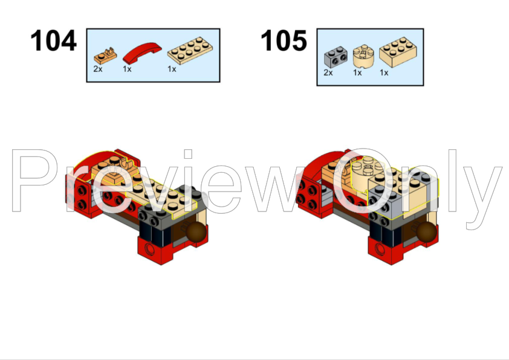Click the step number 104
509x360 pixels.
(54, 42)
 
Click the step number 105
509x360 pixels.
(284, 42)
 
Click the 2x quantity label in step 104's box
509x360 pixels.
(97, 69)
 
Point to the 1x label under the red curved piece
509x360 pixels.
(128, 69)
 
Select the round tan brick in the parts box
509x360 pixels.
(363, 56)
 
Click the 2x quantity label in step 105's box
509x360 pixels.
(328, 72)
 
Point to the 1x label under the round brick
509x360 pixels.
(357, 72)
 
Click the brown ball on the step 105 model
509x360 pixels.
(426, 233)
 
